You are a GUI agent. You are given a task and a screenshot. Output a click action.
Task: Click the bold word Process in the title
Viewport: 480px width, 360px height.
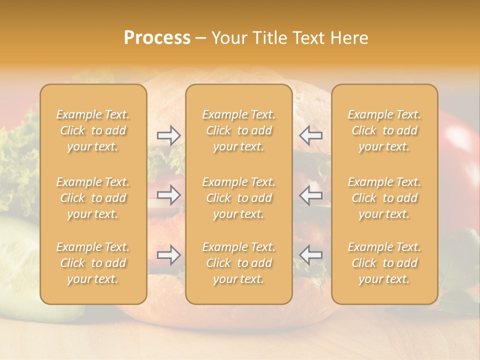[156, 38]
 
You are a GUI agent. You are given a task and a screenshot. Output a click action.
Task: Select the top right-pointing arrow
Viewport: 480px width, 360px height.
[169, 135]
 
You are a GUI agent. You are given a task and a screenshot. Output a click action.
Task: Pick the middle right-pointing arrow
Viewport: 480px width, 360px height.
[169, 195]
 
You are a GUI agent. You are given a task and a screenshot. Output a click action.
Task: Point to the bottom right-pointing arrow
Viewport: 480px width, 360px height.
[169, 255]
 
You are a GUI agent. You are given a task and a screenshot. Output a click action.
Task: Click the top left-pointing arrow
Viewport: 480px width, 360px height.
[311, 135]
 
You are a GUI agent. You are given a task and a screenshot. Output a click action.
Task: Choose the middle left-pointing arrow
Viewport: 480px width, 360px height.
[311, 195]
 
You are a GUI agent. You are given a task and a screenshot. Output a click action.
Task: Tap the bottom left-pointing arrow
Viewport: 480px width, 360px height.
[311, 255]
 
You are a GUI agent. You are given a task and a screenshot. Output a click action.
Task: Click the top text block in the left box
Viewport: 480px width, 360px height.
[93, 130]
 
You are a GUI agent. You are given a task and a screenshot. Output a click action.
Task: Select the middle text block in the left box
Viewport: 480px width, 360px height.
[93, 198]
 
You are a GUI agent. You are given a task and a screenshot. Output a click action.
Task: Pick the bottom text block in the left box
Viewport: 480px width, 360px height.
[93, 263]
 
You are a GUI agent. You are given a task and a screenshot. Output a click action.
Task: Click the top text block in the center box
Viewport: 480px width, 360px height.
[239, 130]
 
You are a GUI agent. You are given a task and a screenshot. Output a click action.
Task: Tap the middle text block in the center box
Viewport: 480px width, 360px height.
[239, 198]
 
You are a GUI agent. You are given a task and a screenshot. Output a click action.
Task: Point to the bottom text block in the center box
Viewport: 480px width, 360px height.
[239, 263]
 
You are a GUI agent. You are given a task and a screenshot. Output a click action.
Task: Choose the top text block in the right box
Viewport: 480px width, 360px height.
[384, 130]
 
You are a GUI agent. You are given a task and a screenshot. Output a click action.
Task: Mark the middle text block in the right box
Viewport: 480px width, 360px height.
[384, 198]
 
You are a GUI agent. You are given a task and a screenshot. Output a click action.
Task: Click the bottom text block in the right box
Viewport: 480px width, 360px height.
[384, 263]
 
